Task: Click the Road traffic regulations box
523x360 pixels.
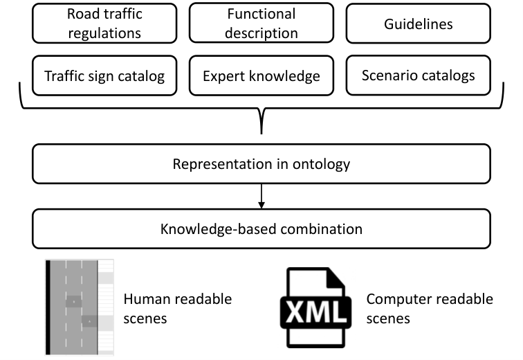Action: point(104,24)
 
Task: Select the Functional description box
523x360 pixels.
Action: point(261,23)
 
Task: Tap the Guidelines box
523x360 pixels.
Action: point(419,24)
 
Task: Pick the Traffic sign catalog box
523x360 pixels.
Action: point(104,75)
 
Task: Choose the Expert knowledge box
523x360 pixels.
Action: point(261,75)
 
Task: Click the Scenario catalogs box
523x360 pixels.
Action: point(419,75)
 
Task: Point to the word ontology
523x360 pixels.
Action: point(321,165)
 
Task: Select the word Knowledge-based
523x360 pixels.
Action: point(219,229)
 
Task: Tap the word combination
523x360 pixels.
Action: point(322,229)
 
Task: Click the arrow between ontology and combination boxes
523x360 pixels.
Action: point(261,196)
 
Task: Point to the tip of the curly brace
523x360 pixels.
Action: point(261,134)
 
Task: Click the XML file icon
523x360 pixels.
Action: point(316,307)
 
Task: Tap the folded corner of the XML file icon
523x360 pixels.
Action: point(336,277)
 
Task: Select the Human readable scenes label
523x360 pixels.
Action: point(177,309)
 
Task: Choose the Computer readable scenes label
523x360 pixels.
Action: point(430,309)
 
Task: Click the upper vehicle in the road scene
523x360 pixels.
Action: point(74,302)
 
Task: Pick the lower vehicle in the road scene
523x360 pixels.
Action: point(89,321)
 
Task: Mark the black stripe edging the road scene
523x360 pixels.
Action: point(48,307)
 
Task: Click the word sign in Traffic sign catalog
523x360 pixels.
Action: point(100,77)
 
